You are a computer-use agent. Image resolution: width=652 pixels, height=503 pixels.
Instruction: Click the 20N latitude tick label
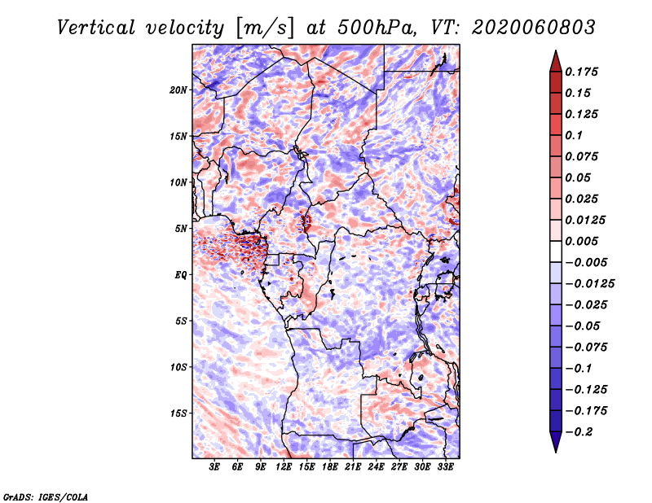click(178, 90)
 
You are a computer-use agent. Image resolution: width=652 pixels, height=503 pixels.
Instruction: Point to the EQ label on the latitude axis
click(181, 275)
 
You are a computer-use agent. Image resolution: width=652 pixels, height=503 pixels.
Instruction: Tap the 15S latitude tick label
click(178, 413)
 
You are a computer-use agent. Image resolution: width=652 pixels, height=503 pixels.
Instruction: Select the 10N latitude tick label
click(178, 182)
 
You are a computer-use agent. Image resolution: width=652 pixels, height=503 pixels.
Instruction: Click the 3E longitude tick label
click(214, 467)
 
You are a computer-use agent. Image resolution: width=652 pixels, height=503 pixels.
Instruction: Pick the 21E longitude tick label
click(353, 467)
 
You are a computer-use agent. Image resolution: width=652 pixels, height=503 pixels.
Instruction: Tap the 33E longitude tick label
click(445, 467)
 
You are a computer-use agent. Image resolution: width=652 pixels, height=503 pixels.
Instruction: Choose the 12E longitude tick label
click(284, 467)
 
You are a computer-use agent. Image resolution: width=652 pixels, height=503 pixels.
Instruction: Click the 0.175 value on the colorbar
click(581, 72)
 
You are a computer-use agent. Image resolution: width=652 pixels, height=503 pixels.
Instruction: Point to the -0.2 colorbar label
click(579, 432)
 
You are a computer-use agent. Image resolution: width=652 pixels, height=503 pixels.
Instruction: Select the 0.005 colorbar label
click(581, 241)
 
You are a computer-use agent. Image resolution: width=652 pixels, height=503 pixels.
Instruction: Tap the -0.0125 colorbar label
click(589, 284)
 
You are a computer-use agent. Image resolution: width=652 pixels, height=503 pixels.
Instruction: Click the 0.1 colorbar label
click(574, 135)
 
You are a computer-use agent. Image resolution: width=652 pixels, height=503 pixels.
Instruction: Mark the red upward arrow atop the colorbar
click(556, 61)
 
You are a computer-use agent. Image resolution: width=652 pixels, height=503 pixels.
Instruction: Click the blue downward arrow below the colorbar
click(556, 442)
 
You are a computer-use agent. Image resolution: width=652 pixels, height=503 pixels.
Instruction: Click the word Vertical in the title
click(96, 28)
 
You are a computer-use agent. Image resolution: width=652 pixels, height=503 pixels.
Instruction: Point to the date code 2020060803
click(534, 28)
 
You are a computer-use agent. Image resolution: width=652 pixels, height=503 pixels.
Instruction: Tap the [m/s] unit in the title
click(266, 28)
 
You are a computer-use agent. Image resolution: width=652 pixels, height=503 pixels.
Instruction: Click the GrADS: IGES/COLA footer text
click(46, 496)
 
